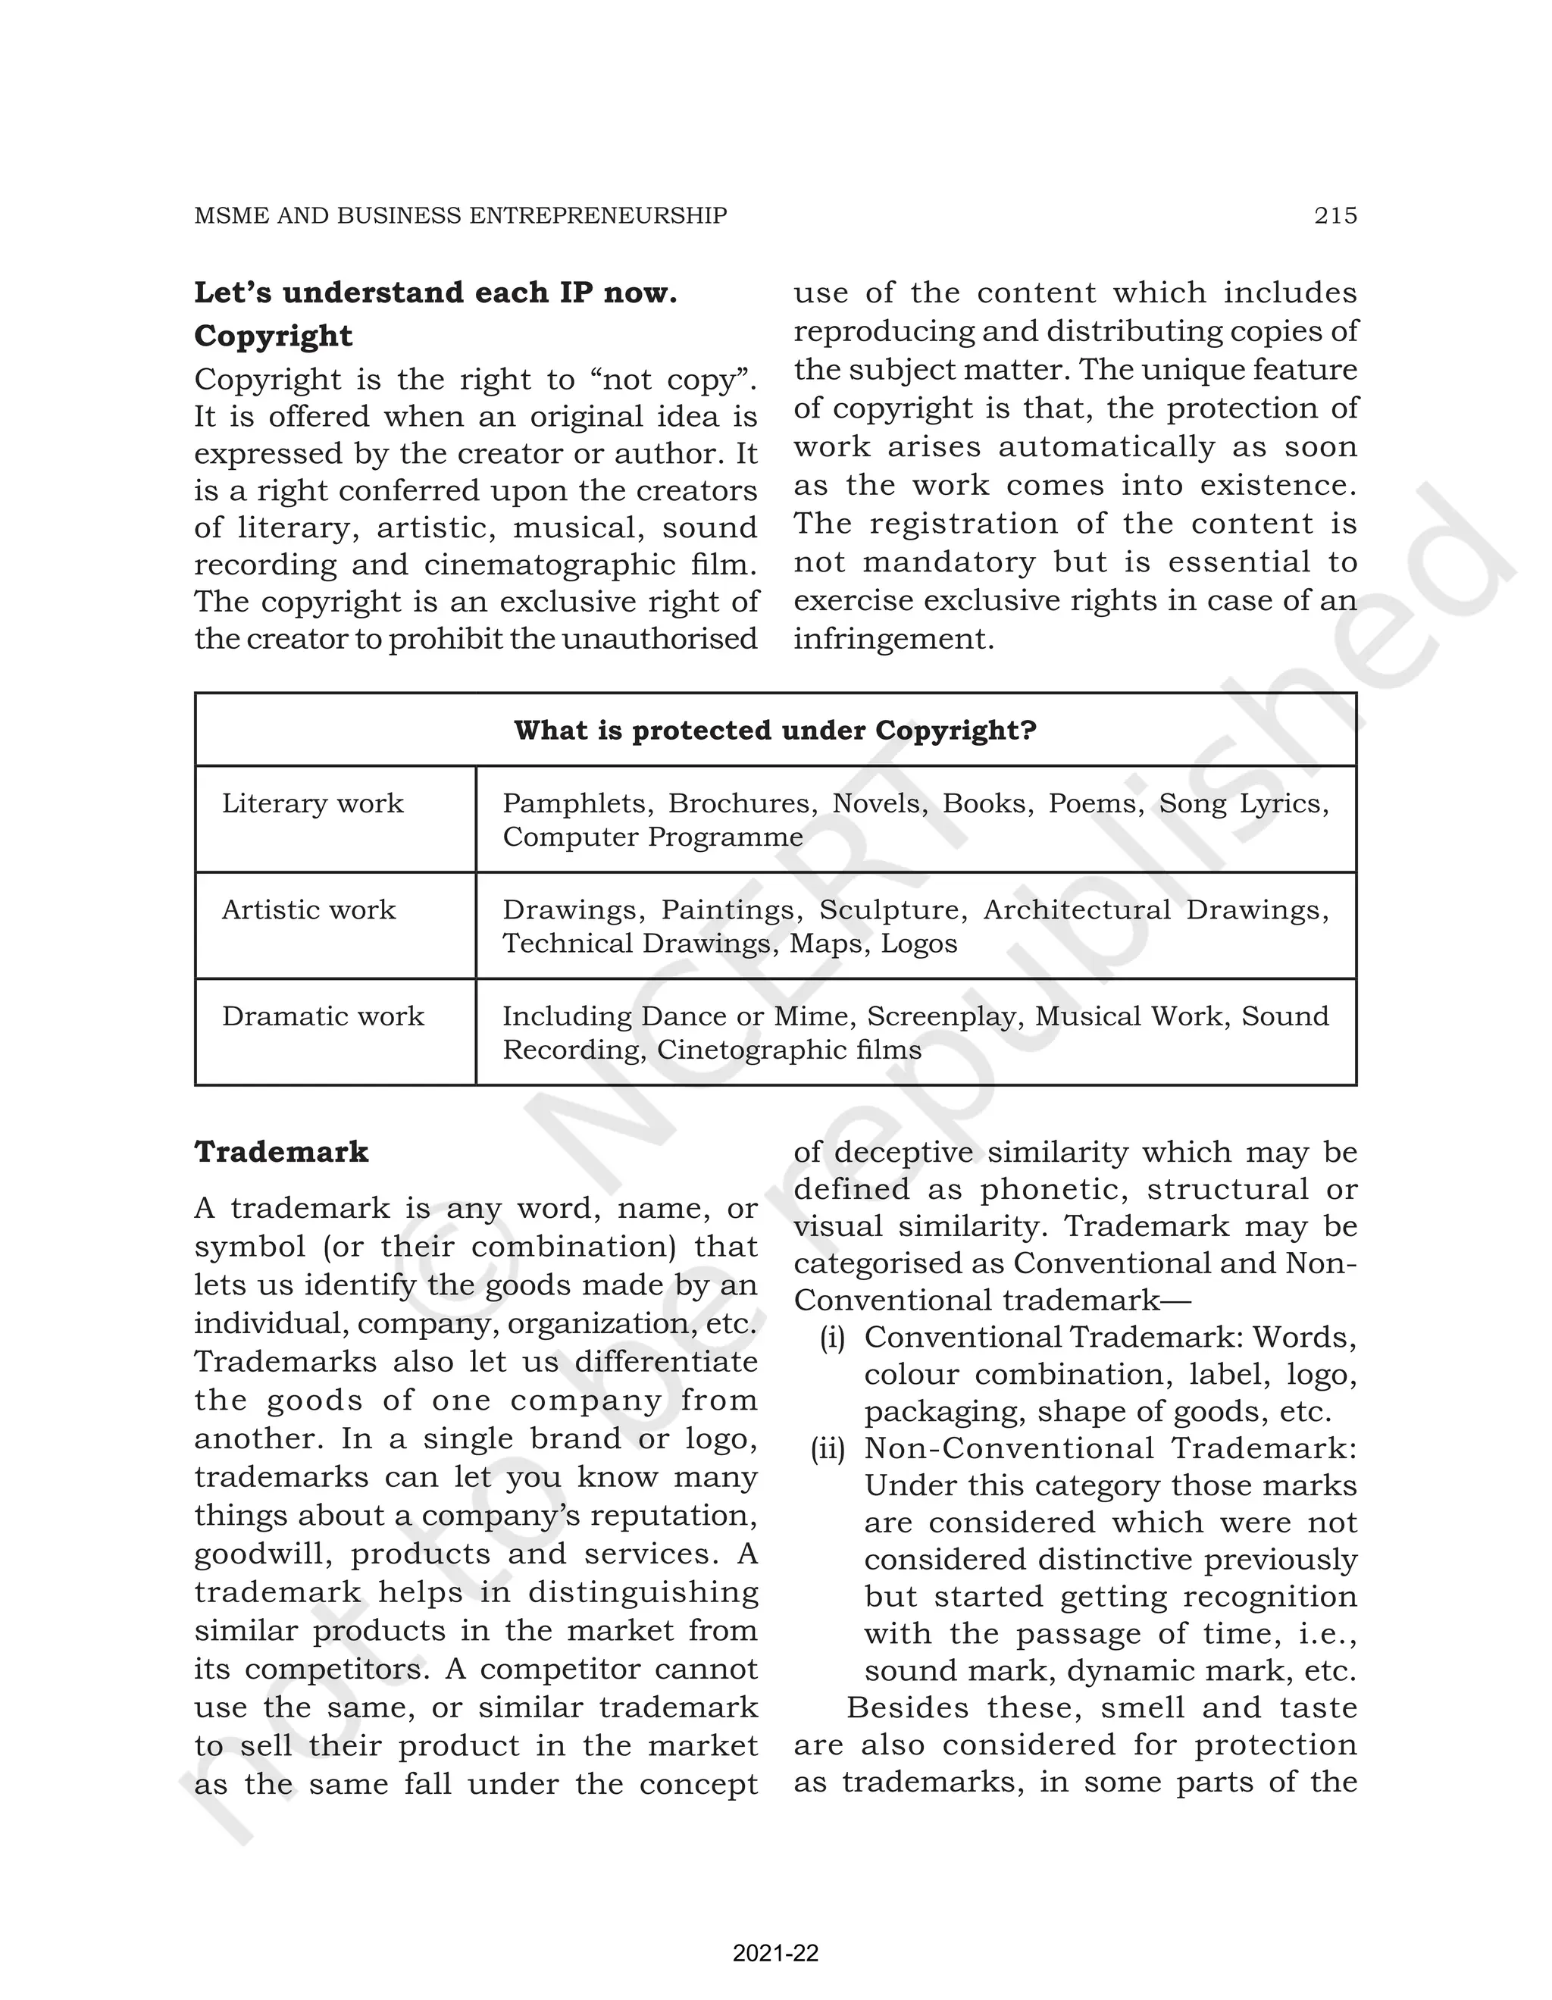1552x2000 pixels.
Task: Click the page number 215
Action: (1335, 215)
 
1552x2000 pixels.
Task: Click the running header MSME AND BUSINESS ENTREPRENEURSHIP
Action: (461, 215)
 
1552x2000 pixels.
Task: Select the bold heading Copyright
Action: (273, 336)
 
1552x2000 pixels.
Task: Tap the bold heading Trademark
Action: (281, 1152)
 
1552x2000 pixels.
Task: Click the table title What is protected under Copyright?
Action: (774, 730)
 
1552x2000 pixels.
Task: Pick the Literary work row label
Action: (312, 803)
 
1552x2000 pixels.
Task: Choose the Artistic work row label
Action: (308, 909)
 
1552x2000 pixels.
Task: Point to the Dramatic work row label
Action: (322, 1016)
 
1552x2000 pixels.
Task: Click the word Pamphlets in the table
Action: (575, 803)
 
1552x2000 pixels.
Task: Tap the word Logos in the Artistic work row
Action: (918, 944)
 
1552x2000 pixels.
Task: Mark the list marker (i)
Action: (831, 1338)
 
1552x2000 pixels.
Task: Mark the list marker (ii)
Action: (828, 1449)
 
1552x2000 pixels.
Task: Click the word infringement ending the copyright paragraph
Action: (892, 639)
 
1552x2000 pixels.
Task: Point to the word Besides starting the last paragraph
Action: (907, 1708)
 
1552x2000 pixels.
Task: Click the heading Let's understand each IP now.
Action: (435, 293)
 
